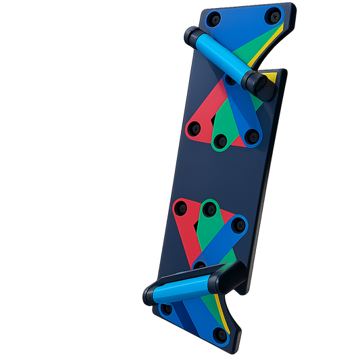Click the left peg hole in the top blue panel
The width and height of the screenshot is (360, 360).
click(215, 18)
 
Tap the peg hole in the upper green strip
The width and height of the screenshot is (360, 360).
click(220, 143)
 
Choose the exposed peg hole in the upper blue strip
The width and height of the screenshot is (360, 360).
click(251, 137)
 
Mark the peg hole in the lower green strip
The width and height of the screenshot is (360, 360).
click(210, 207)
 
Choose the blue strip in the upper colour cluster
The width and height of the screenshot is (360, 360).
click(239, 111)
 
